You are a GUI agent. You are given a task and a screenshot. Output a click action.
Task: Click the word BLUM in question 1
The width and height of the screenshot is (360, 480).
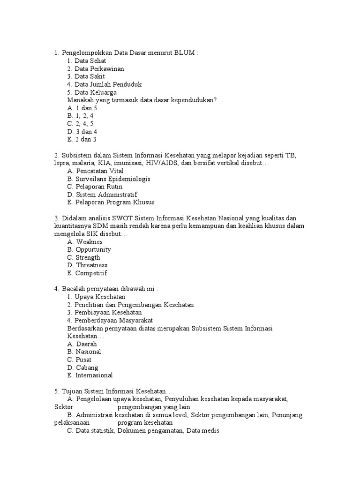point(185,53)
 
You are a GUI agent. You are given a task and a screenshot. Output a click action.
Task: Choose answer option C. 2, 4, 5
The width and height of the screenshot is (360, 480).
point(81,124)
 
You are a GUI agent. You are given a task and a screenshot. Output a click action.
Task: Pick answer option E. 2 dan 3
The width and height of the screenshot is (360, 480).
point(82,139)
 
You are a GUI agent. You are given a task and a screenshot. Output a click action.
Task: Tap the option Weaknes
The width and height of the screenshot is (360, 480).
point(85,242)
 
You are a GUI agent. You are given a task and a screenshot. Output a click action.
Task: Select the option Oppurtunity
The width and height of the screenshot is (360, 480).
point(89,250)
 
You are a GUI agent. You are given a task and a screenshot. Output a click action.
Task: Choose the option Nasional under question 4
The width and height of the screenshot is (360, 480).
point(84,352)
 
